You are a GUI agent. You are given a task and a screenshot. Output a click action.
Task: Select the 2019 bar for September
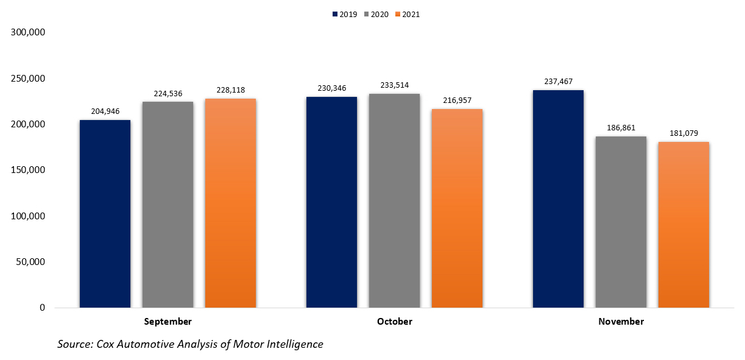[x=105, y=214]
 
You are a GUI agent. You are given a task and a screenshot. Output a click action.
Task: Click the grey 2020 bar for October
[x=394, y=200]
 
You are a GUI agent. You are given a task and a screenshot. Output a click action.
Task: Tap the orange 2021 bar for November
[x=683, y=225]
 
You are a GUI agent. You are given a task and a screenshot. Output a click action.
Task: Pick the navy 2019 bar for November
[x=558, y=199]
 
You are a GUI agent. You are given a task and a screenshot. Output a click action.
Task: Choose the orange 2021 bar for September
[x=230, y=203]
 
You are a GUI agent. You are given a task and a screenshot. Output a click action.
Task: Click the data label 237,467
[x=558, y=82]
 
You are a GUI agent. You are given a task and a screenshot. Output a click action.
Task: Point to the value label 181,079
[x=683, y=133]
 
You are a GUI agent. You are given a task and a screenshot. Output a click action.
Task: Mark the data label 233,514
[x=394, y=85]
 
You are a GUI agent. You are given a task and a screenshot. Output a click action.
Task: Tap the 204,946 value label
[x=105, y=111]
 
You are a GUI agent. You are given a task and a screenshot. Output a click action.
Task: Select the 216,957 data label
[x=457, y=101]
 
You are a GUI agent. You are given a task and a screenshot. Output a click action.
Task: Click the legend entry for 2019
[x=345, y=15]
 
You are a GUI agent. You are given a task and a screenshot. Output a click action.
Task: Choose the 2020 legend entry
[x=378, y=15]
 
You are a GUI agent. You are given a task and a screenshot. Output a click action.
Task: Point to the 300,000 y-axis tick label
[x=29, y=32]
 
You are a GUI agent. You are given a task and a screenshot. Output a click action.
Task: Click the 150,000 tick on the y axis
[x=29, y=170]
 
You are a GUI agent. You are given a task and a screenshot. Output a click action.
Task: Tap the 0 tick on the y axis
[x=42, y=308]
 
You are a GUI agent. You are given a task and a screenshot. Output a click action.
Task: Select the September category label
[x=168, y=322]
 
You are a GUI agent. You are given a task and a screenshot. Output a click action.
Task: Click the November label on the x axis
[x=620, y=322]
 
